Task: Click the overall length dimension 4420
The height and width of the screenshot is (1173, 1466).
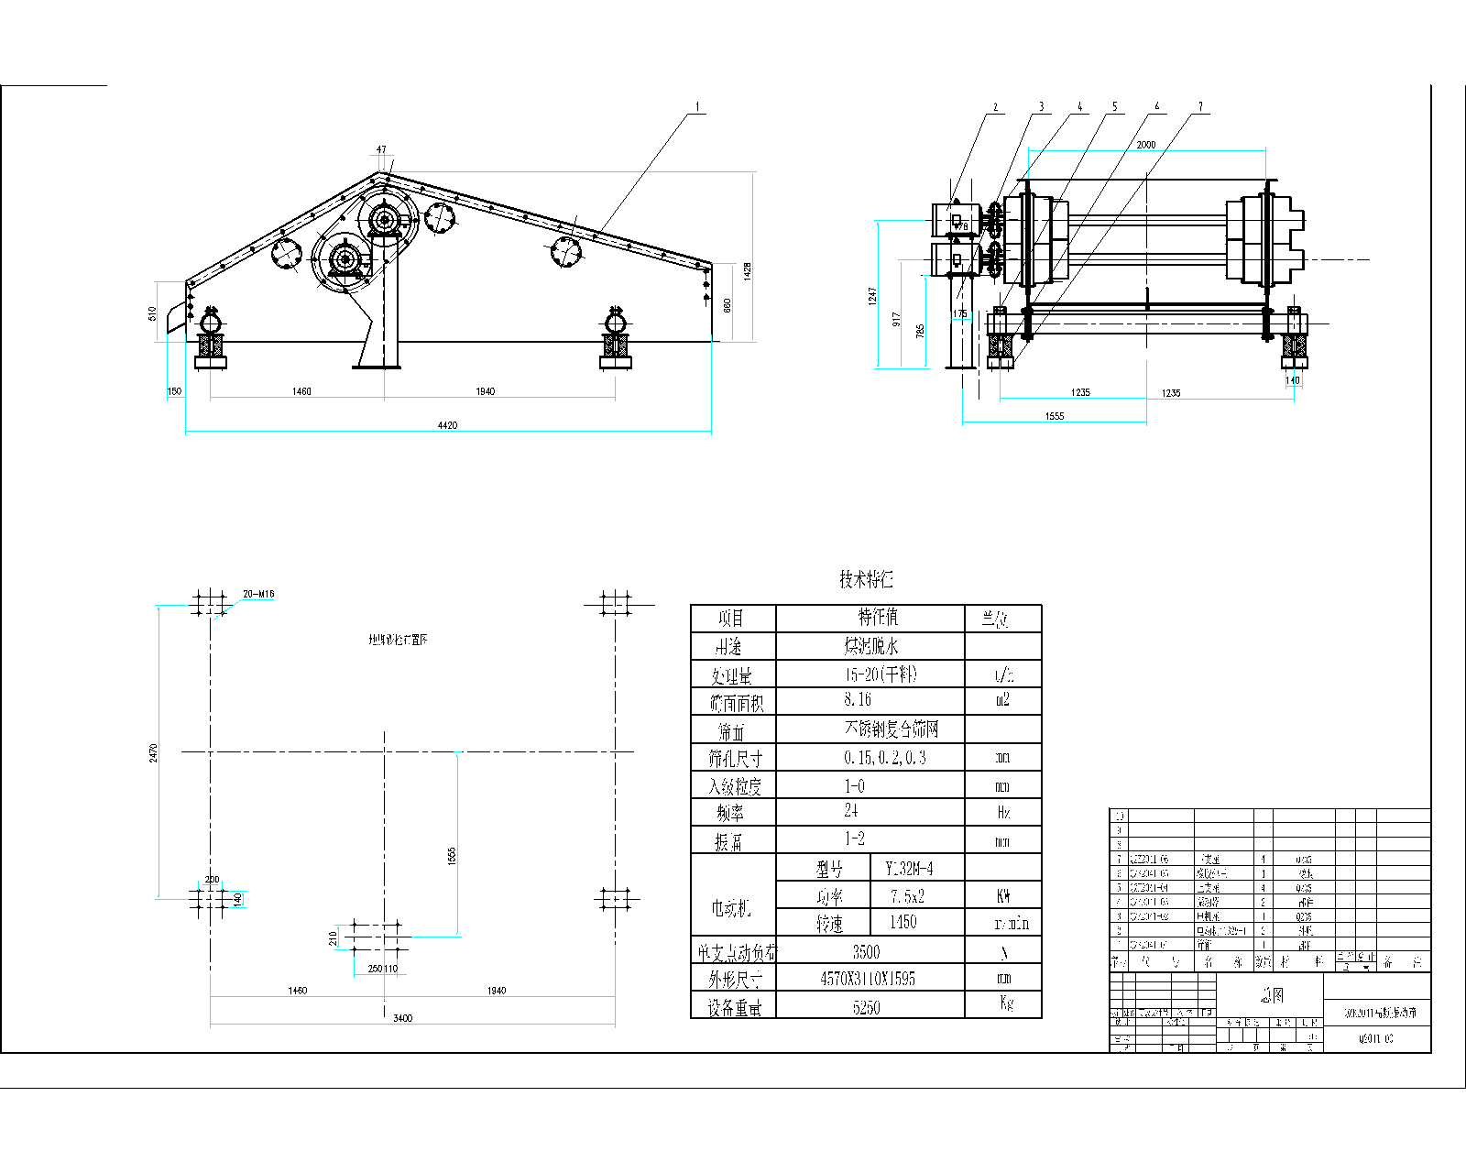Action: [447, 425]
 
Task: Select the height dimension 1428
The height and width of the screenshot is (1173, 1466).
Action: [747, 270]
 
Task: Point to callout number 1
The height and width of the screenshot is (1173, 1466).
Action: [698, 107]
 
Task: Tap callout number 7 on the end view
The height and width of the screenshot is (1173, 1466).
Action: [1200, 107]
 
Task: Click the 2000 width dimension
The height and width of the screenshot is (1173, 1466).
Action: [1146, 144]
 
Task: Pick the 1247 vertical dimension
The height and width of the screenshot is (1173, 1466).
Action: [872, 295]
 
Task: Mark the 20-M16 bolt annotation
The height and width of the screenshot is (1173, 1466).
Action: [258, 594]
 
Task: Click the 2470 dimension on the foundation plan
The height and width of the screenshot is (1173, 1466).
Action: [153, 752]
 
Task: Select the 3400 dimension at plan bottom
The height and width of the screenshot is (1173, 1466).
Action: [402, 1018]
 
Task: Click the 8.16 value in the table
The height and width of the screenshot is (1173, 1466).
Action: [858, 700]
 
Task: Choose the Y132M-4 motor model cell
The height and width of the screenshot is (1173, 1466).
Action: [909, 868]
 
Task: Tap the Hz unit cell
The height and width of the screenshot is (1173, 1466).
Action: [1003, 812]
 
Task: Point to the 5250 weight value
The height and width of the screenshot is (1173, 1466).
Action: [866, 1007]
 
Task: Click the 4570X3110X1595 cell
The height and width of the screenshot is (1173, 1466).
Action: [867, 979]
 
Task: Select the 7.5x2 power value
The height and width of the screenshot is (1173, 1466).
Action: [907, 895]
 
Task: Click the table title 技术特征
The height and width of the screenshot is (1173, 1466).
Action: [866, 579]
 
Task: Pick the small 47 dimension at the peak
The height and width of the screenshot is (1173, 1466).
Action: [381, 149]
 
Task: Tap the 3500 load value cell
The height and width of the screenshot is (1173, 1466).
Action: [866, 951]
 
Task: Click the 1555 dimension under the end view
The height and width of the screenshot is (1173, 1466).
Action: [1055, 416]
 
